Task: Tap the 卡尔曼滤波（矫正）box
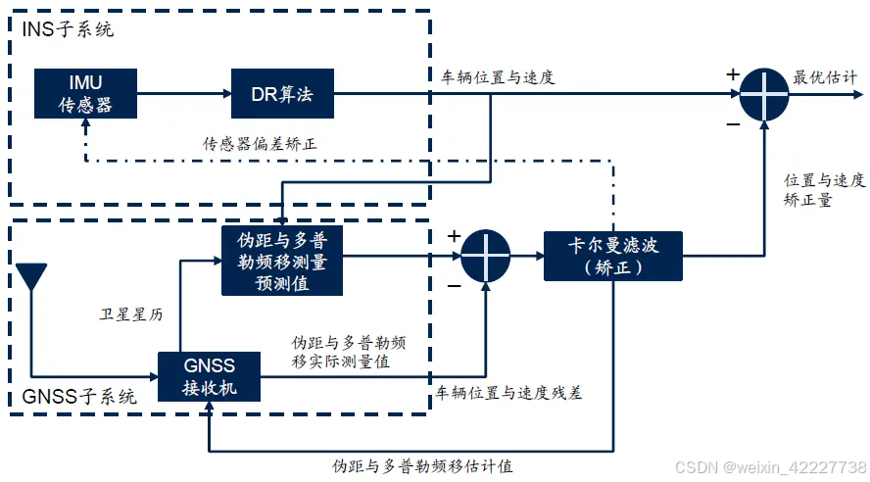pos(613,256)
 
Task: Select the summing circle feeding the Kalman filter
pos(486,257)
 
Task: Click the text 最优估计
pos(825,77)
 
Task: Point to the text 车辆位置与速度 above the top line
pos(493,77)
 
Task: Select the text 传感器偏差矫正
pos(260,144)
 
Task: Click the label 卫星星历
pos(130,314)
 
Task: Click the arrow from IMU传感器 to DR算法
pos(182,94)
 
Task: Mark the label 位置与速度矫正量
pos(824,190)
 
